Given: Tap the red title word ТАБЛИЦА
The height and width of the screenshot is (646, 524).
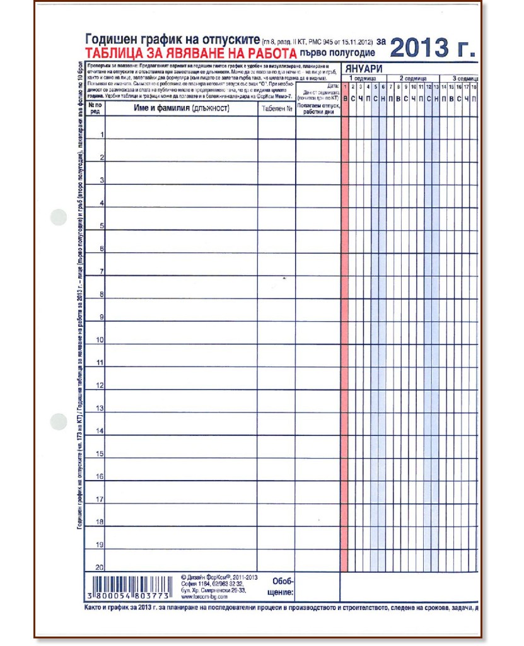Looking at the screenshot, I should tap(115, 54).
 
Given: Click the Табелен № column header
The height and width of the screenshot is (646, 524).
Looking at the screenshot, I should tap(276, 109).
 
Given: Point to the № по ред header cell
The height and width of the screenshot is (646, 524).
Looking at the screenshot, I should tap(95, 109).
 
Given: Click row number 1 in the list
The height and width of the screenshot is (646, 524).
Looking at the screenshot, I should tap(101, 134).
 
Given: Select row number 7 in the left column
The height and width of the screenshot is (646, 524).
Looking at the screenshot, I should tap(101, 271).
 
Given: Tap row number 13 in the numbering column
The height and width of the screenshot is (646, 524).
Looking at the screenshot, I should tap(100, 408).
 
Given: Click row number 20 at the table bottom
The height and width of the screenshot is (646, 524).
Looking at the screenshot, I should tap(100, 567).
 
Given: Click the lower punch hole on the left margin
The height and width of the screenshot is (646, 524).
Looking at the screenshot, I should tap(58, 421).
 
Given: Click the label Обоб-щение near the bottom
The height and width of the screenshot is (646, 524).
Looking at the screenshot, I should tap(283, 586).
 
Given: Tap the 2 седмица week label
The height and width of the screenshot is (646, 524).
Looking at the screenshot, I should tap(413, 78).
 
